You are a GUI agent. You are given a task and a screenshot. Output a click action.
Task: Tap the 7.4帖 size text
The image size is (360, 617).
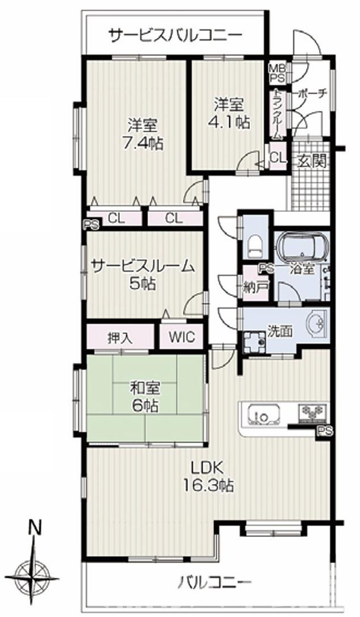tap(143, 144)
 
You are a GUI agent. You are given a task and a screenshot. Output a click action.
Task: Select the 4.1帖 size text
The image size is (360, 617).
tap(229, 123)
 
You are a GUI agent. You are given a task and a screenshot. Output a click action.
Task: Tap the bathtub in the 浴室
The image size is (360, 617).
tap(302, 248)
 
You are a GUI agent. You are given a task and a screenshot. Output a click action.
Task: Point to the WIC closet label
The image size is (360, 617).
tap(182, 337)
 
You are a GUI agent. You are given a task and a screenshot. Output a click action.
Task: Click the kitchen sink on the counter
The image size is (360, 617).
tap(265, 415)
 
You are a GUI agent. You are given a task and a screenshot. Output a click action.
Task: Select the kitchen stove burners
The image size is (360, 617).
tap(313, 412)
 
